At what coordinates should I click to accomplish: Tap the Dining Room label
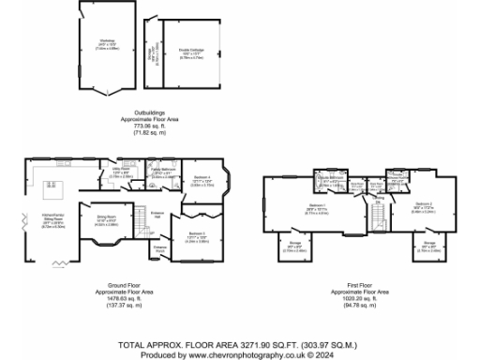coord(108,221)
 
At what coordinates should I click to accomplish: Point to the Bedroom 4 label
coord(202,182)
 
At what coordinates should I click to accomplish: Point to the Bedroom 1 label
coord(316,208)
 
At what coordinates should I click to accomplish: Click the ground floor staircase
coord(142,223)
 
